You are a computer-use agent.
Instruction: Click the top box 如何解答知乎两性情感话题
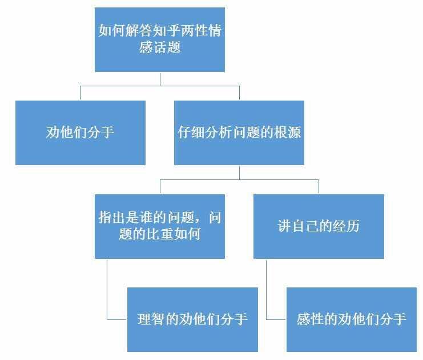(x=160, y=39)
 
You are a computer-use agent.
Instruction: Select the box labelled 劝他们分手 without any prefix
(x=80, y=133)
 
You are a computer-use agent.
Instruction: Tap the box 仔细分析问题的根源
(x=239, y=133)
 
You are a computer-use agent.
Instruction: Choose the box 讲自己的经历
(x=319, y=226)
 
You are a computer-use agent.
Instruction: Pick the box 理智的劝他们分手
(x=192, y=319)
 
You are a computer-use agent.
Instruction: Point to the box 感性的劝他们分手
(x=352, y=319)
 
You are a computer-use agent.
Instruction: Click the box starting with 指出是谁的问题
(x=160, y=226)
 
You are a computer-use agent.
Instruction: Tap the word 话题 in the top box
(x=167, y=47)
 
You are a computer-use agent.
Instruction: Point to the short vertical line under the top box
(x=160, y=79)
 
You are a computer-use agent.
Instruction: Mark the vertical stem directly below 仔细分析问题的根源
(x=239, y=173)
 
